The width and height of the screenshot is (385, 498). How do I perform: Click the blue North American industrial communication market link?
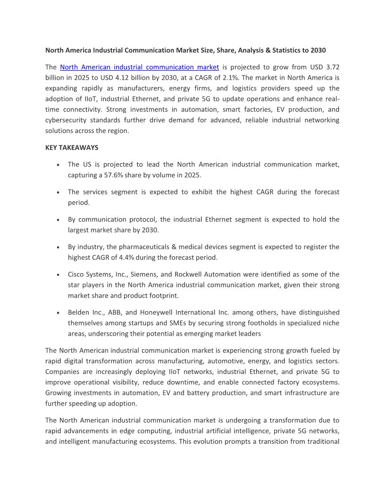139,67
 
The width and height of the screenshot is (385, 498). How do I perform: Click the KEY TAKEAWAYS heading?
72,148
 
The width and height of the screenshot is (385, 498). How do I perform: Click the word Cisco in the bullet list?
77,274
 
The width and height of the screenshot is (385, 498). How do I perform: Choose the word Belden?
78,312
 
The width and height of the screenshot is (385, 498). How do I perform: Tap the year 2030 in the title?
318,50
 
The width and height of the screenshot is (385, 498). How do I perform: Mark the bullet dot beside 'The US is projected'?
58,165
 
